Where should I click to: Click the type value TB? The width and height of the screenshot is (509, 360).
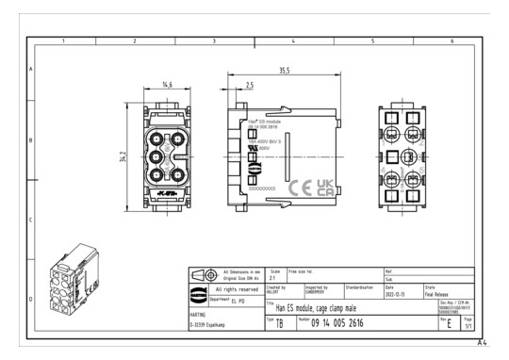(x=278, y=323)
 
